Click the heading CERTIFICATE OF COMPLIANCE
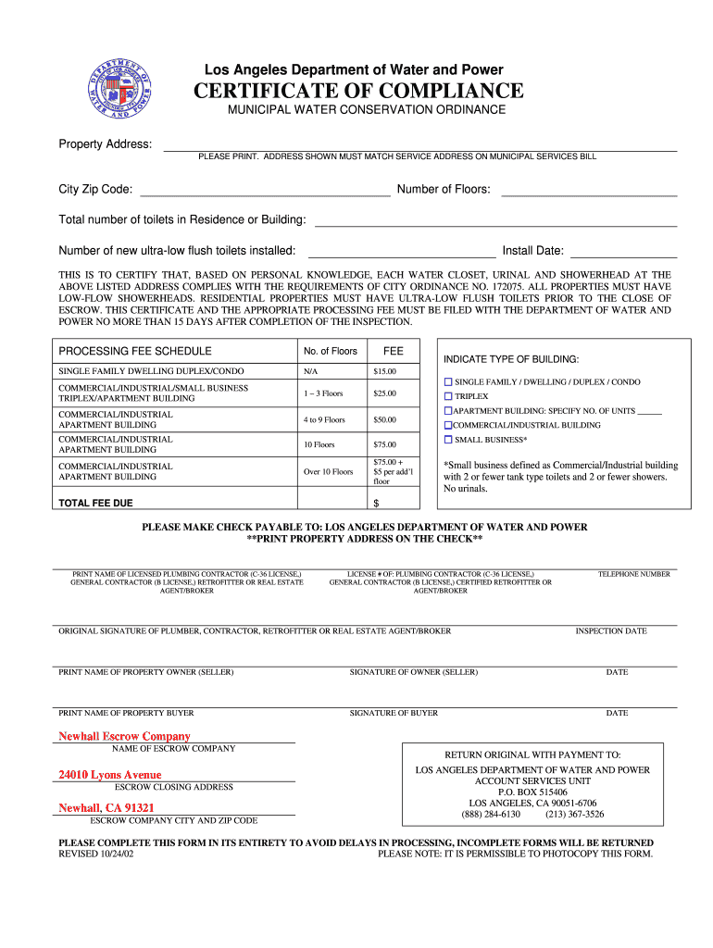(358, 91)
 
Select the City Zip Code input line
(264, 191)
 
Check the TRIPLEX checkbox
(448, 396)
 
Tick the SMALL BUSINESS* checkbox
(448, 440)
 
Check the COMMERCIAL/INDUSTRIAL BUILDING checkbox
(448, 425)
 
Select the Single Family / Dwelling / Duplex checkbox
(448, 381)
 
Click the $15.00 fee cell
(384, 372)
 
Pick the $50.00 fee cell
(384, 420)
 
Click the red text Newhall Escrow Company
(124, 736)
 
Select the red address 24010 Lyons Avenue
(109, 775)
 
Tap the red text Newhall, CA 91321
(106, 808)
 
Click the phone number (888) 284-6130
(491, 815)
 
